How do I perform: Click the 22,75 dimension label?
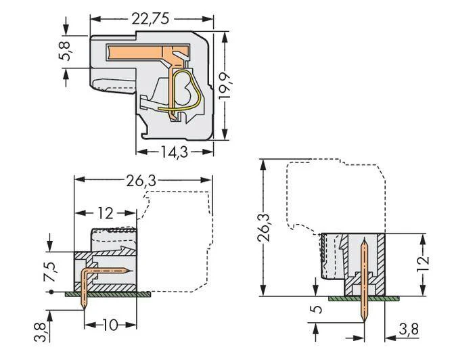150,19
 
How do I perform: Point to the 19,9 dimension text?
225,86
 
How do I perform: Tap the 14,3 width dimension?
175,152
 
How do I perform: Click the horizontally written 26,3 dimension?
141,181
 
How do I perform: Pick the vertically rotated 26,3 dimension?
263,227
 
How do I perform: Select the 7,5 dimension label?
51,271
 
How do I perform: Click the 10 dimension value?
110,325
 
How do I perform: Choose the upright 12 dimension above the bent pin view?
105,213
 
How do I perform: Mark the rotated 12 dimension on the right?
423,264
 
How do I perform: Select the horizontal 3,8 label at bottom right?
409,330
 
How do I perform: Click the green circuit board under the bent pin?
108,294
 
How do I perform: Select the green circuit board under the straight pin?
363,298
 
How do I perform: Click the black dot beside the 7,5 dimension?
51,292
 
